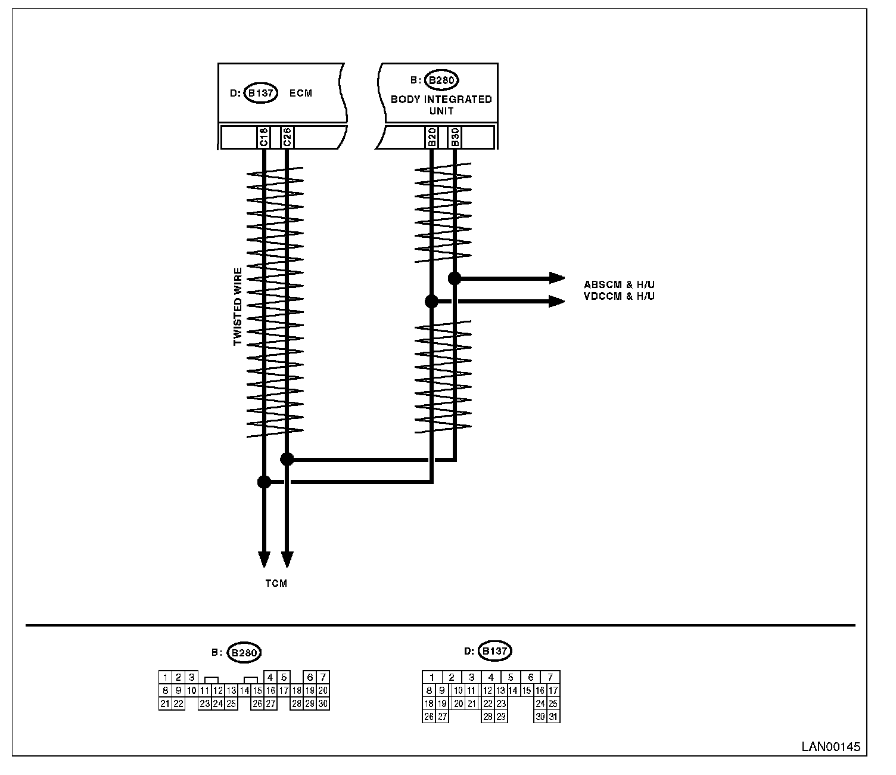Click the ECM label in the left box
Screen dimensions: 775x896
click(300, 93)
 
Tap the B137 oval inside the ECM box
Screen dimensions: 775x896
click(261, 93)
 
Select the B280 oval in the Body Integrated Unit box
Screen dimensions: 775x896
click(443, 80)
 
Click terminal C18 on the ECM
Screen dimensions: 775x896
click(264, 137)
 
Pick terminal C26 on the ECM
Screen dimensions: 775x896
click(287, 137)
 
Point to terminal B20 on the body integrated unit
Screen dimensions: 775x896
click(431, 137)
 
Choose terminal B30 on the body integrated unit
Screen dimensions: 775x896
click(455, 137)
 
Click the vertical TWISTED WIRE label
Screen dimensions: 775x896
click(238, 307)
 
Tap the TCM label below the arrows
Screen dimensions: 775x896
click(276, 584)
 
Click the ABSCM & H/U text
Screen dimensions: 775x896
click(619, 284)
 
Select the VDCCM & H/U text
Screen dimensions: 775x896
click(619, 296)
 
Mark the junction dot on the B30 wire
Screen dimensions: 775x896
click(455, 278)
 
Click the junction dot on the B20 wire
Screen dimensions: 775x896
click(431, 302)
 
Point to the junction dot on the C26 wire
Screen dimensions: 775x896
click(287, 459)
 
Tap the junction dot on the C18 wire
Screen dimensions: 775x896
click(264, 482)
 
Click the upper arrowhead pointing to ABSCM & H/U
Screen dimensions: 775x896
click(557, 278)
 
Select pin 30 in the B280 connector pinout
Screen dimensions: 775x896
click(323, 703)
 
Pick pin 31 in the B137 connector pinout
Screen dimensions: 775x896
click(553, 717)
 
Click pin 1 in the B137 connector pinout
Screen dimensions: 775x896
click(432, 677)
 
